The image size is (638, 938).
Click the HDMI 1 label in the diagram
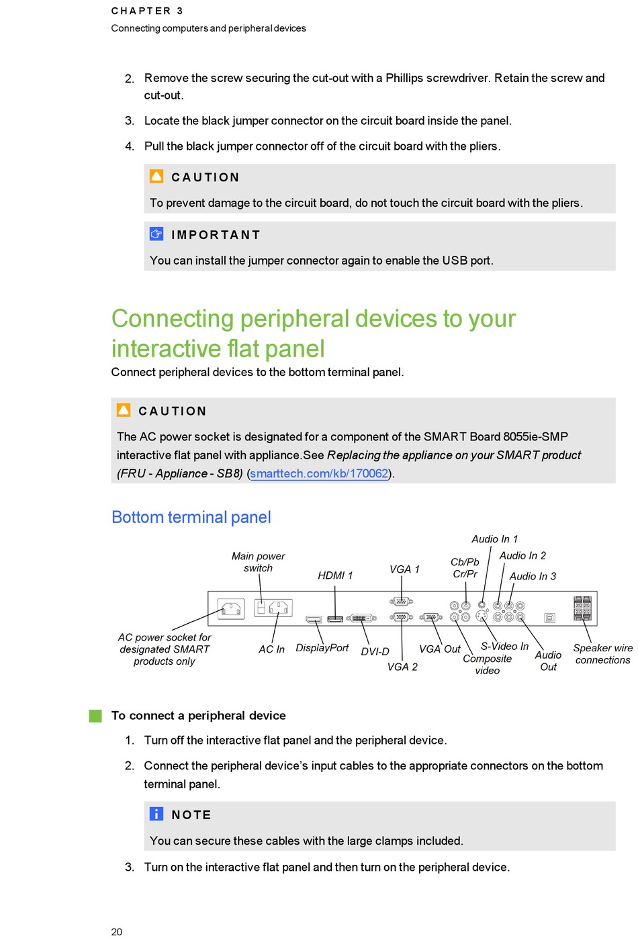click(x=335, y=575)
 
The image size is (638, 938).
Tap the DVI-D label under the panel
click(x=375, y=651)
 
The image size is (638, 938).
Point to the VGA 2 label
click(x=402, y=667)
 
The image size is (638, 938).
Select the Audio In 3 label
click(x=533, y=576)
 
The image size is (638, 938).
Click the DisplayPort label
click(x=322, y=648)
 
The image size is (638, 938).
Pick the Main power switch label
click(x=259, y=562)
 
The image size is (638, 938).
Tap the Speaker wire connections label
click(x=602, y=654)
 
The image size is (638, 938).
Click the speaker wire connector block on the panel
click(x=582, y=608)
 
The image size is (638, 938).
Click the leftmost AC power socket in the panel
click(x=230, y=609)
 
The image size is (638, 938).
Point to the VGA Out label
click(x=439, y=649)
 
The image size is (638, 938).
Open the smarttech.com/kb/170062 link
click(x=319, y=473)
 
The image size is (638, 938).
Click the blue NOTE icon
click(x=156, y=814)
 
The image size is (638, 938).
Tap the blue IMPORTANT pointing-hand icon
click(x=156, y=234)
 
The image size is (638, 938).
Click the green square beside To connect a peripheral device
click(x=95, y=716)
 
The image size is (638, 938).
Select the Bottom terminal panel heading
click(x=191, y=517)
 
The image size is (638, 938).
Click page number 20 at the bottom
click(x=117, y=931)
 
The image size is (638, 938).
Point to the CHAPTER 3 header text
click(x=147, y=11)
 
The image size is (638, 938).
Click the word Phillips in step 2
click(x=404, y=78)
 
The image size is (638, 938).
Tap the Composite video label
click(x=487, y=665)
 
